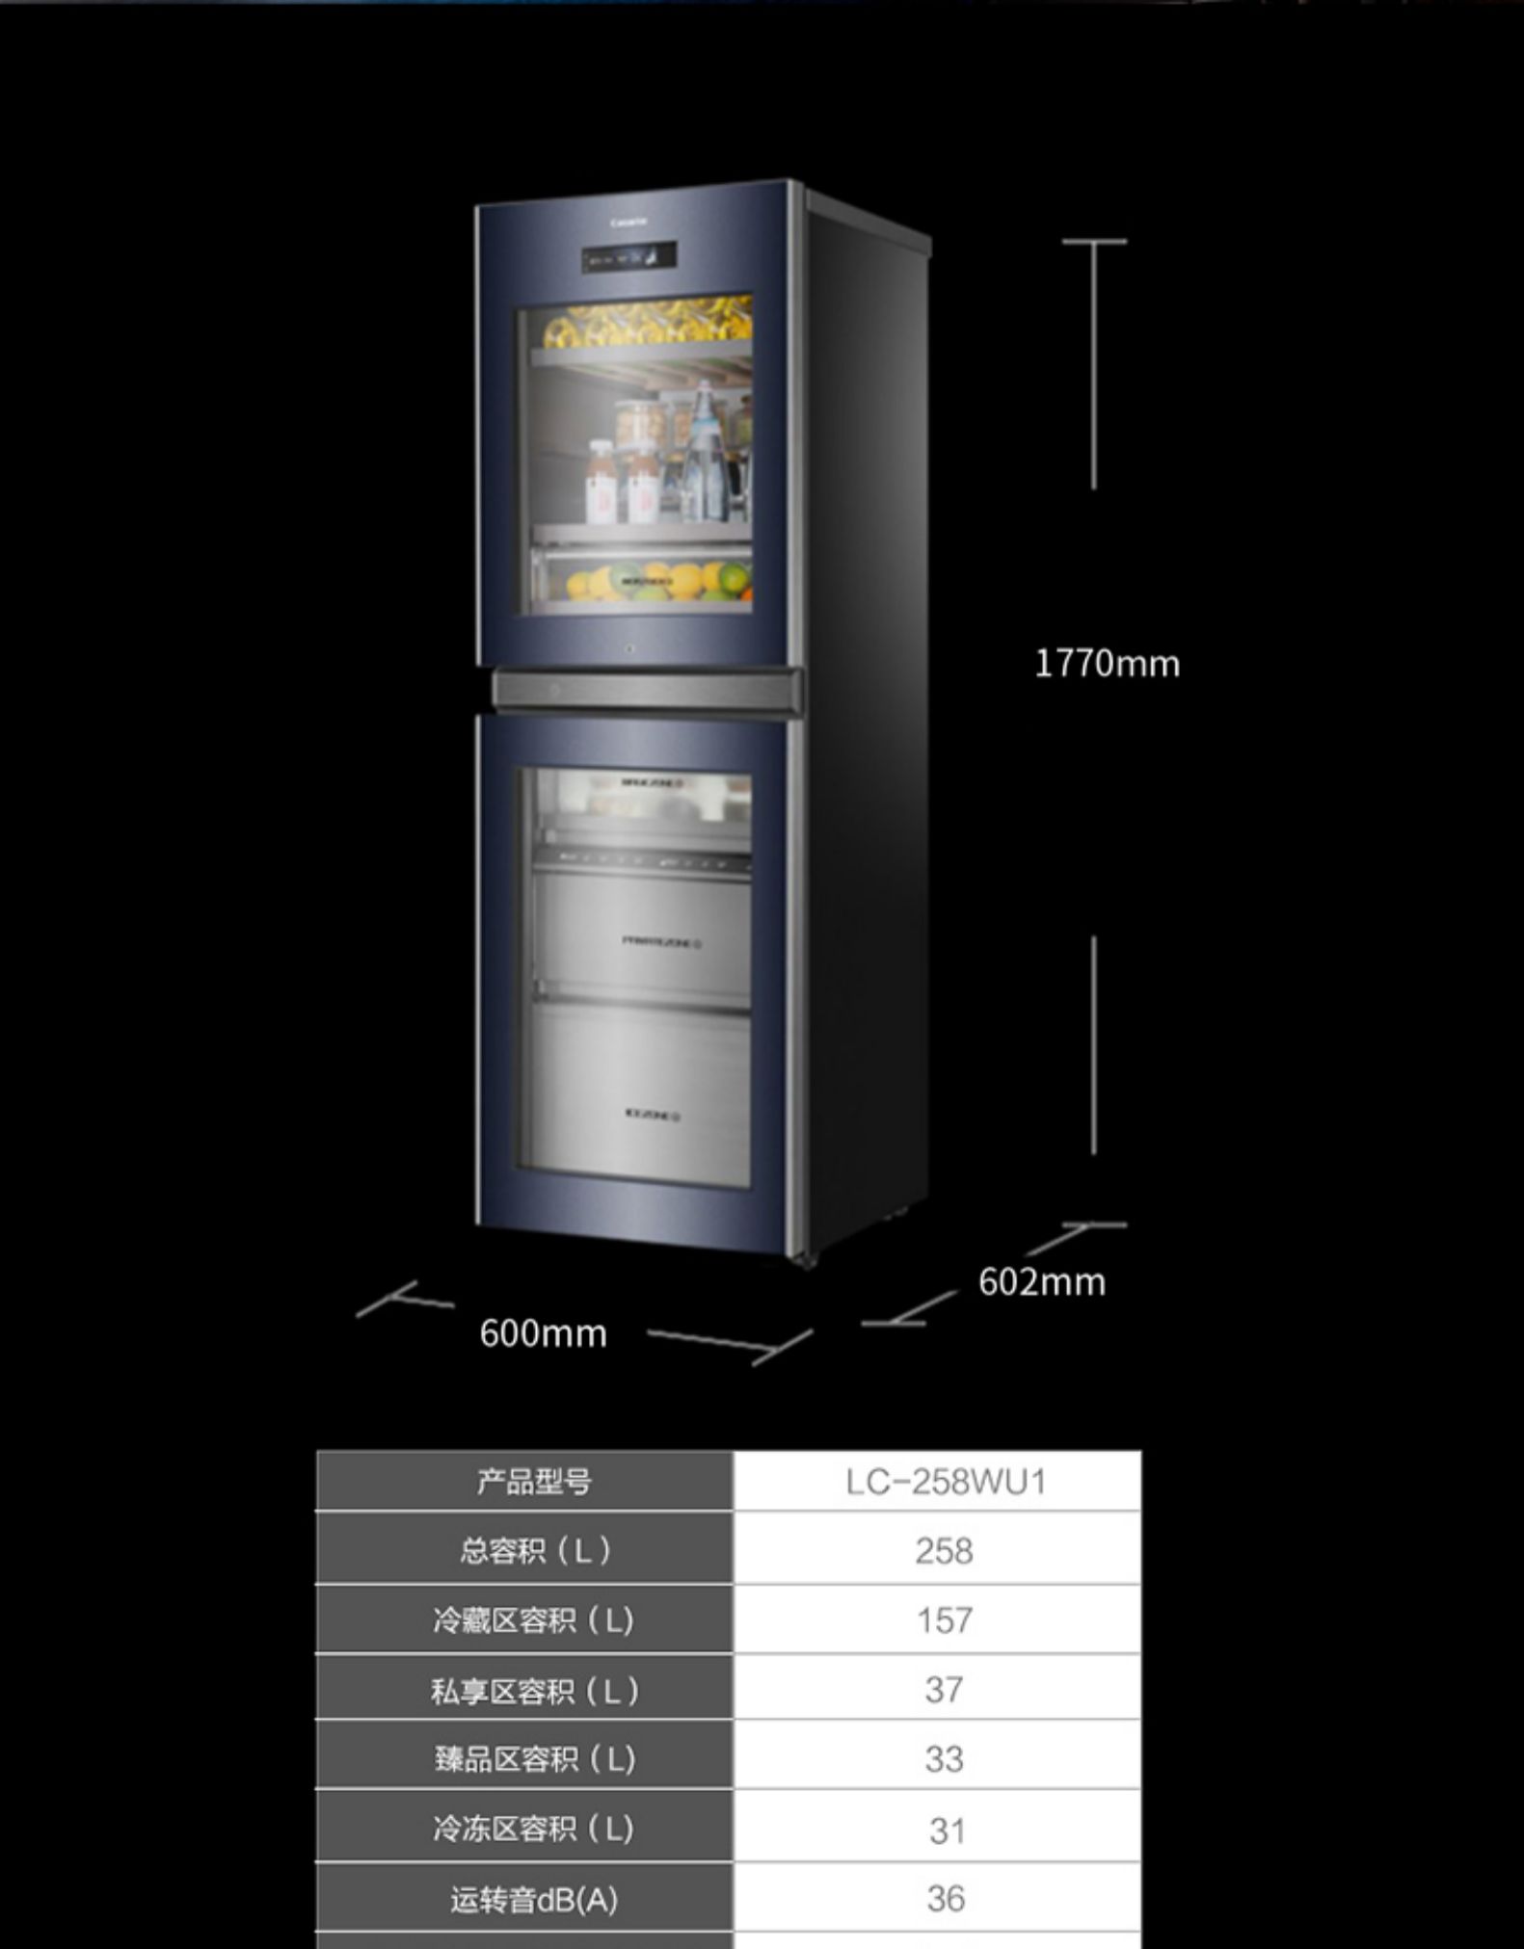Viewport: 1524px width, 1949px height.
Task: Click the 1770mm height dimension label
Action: coord(1107,664)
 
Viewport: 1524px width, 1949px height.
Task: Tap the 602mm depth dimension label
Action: coord(1041,1282)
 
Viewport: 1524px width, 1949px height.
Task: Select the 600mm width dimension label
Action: coord(543,1333)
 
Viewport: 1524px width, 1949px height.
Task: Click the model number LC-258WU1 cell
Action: coord(945,1482)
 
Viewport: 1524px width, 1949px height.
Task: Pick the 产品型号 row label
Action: coord(533,1482)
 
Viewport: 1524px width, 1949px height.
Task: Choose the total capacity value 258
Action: coord(944,1551)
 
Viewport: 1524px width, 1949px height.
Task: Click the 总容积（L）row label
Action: coord(533,1551)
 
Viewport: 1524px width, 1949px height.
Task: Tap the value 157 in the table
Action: coord(944,1620)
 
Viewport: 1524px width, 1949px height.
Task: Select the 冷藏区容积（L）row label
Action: coord(533,1620)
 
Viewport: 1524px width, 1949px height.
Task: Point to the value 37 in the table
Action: coord(944,1690)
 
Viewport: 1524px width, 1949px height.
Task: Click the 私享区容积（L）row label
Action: coord(533,1691)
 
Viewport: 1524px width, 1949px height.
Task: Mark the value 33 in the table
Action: coord(944,1759)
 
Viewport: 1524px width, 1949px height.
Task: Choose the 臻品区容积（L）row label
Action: coord(533,1760)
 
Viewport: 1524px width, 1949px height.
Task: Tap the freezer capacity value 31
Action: coord(946,1830)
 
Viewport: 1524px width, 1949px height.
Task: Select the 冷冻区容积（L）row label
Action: coord(533,1829)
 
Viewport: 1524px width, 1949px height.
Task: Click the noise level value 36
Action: coord(945,1899)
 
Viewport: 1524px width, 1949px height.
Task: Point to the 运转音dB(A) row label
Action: coord(533,1900)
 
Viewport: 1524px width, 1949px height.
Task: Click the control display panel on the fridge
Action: coord(628,257)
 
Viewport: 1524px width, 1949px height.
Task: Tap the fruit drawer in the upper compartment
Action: coord(640,580)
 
